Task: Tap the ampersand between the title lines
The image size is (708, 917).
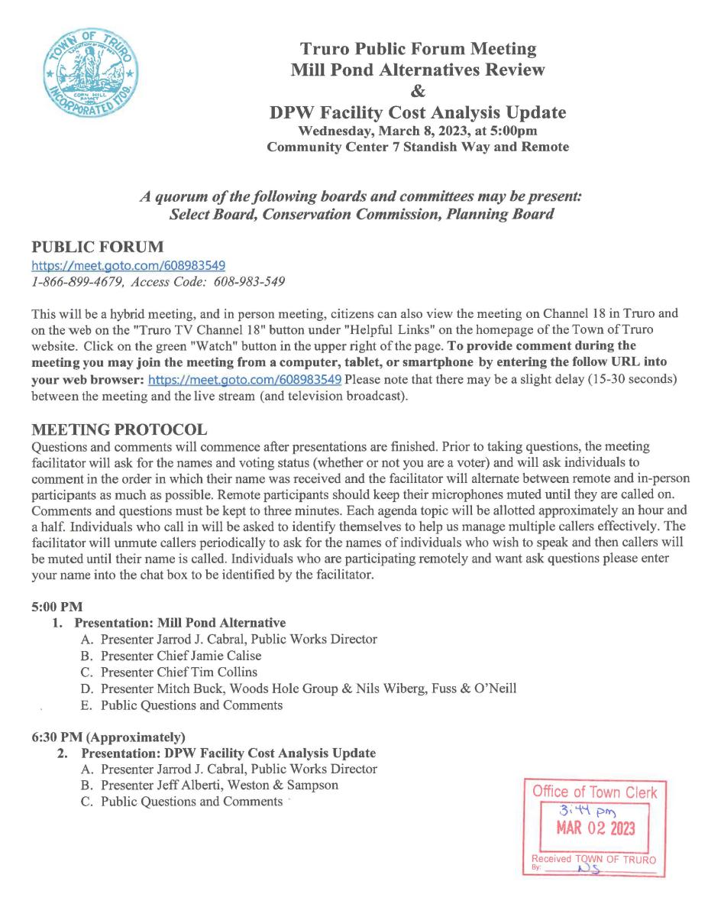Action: point(418,92)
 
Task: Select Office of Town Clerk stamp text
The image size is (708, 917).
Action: point(594,792)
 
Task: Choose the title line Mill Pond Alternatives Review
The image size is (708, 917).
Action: point(418,70)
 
